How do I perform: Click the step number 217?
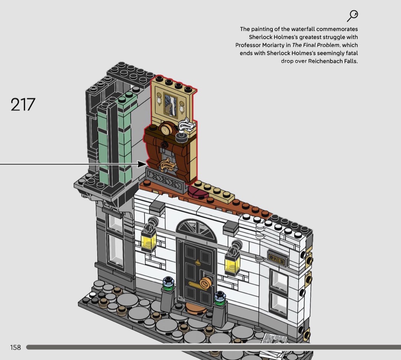[23, 104]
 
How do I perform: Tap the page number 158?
[15, 347]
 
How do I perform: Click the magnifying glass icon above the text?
[352, 16]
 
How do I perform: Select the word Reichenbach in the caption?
[323, 61]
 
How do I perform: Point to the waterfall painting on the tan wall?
[170, 104]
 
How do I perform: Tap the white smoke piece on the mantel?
[186, 125]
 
